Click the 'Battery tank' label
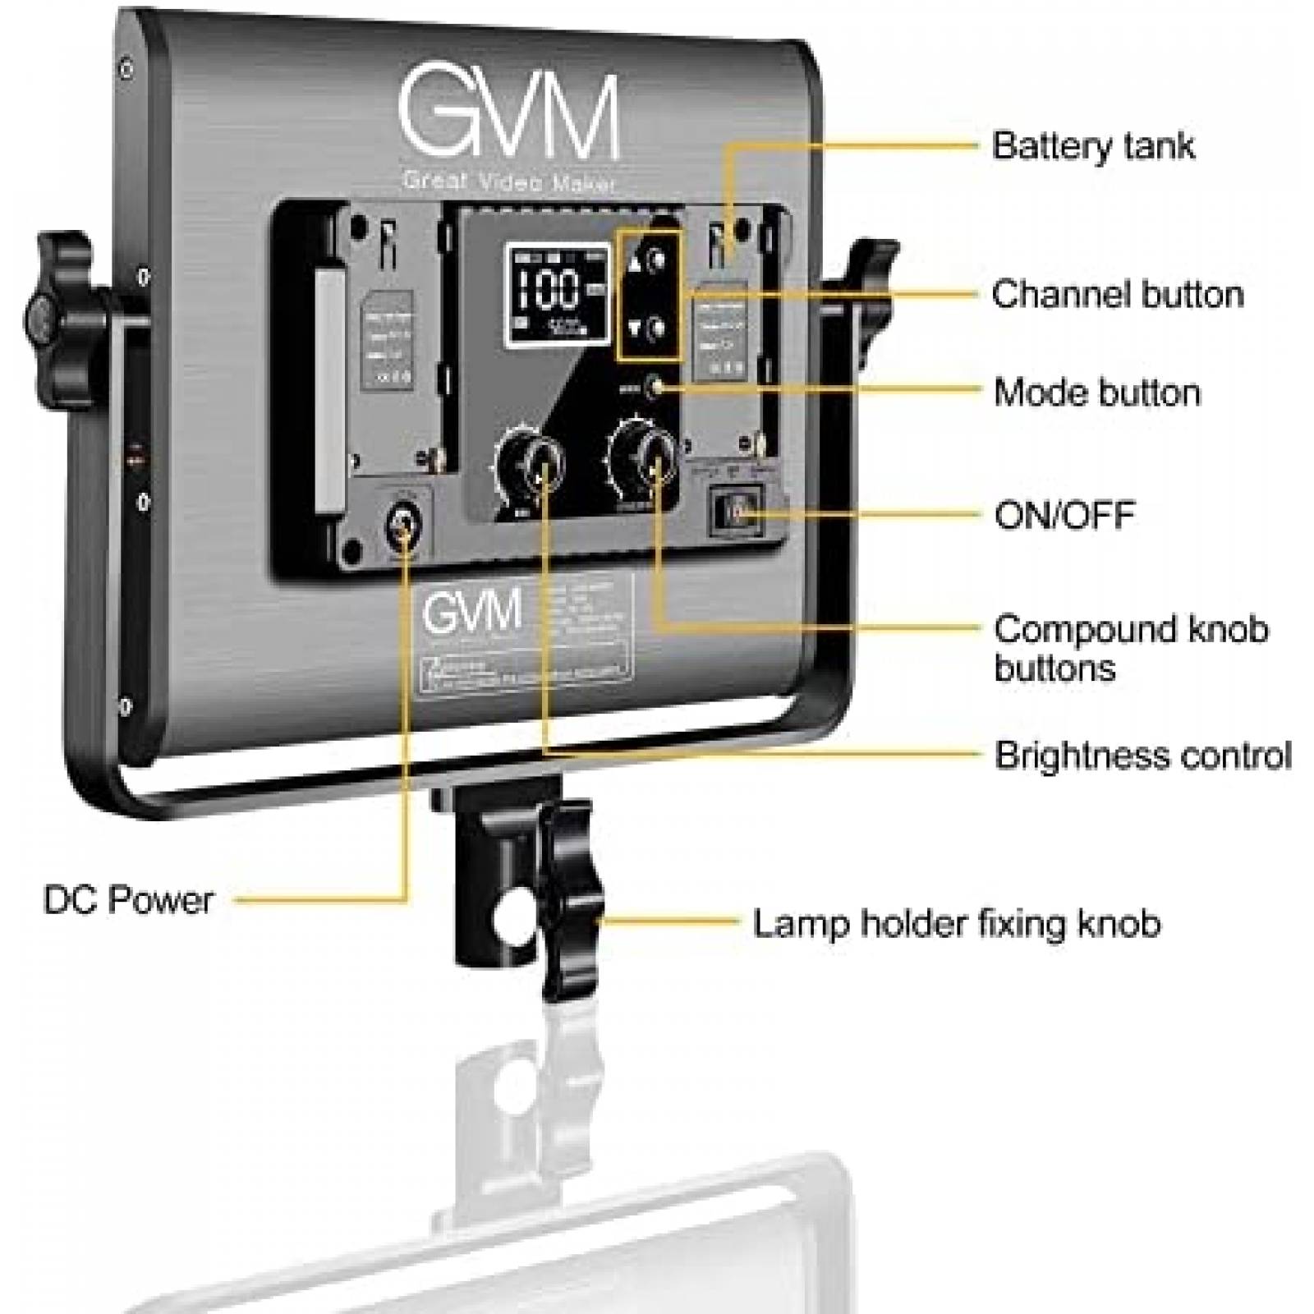1092,146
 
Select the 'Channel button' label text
1118,294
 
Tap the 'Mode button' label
1096,393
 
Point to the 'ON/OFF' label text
1064,516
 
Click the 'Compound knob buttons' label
1130,649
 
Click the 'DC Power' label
128,901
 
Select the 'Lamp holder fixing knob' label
957,924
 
